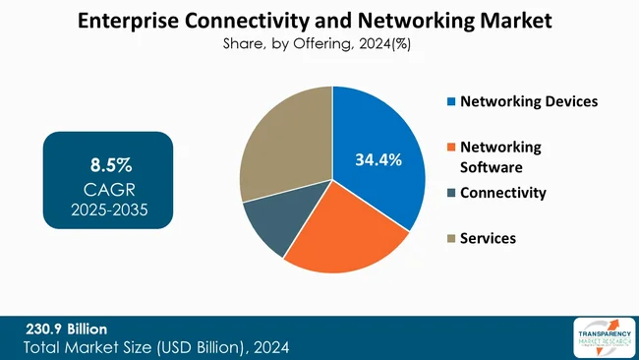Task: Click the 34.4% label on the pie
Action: coord(378,159)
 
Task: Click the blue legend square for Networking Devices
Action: coord(451,101)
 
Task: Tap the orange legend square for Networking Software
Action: coord(451,148)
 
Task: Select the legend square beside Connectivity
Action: coord(451,193)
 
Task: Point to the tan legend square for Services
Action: coord(451,239)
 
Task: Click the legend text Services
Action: coord(489,239)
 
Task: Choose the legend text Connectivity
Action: coord(502,193)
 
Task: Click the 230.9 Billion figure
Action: coord(67,329)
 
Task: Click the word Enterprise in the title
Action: coord(125,19)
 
